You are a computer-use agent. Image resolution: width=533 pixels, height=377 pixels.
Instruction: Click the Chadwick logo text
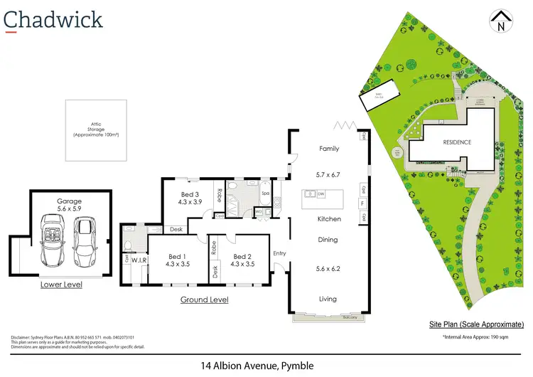click(x=53, y=19)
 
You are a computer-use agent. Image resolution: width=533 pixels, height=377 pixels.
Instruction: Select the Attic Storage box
click(x=97, y=130)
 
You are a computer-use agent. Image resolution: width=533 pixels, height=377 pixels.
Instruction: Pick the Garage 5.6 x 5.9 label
click(x=70, y=206)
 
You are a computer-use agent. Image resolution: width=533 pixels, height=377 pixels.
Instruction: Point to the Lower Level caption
click(x=61, y=285)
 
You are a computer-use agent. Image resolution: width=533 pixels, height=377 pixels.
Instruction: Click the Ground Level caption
click(x=205, y=299)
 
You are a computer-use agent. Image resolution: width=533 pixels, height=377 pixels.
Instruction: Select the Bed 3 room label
click(x=189, y=198)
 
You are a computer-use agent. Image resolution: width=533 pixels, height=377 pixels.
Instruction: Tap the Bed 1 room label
click(x=177, y=260)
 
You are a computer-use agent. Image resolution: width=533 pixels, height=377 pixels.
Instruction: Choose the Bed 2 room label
click(x=242, y=260)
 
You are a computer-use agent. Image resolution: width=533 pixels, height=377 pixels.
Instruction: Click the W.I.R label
click(x=139, y=260)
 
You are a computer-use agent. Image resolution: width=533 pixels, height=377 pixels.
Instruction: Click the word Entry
click(x=279, y=253)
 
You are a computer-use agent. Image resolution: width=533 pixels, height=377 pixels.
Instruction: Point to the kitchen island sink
click(x=311, y=193)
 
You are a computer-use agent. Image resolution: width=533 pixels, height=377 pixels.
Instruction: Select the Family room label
click(x=329, y=149)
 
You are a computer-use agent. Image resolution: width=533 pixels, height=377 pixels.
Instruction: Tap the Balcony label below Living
click(x=348, y=317)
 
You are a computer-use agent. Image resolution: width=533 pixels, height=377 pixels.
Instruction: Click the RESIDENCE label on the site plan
click(x=457, y=142)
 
